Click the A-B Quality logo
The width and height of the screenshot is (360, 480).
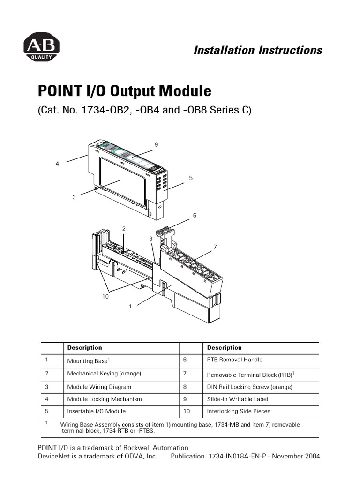(41, 47)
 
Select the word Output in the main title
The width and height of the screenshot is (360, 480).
(132, 90)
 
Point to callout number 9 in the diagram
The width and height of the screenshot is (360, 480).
(157, 144)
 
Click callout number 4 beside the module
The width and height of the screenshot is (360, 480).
(57, 164)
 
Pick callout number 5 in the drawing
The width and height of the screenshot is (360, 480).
(191, 178)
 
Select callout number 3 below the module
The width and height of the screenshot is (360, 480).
(74, 197)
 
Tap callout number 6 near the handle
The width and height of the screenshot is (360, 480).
(195, 215)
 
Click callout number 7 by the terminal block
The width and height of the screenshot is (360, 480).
(215, 247)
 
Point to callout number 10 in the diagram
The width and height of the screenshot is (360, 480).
(105, 296)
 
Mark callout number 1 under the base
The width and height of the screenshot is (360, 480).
(130, 306)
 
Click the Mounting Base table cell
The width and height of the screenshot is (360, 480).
(88, 361)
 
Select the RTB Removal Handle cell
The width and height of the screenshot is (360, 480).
(234, 360)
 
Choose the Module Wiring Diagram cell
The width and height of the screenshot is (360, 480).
(99, 387)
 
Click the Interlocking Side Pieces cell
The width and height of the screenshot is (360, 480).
(238, 412)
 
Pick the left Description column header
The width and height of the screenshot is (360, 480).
(84, 348)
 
